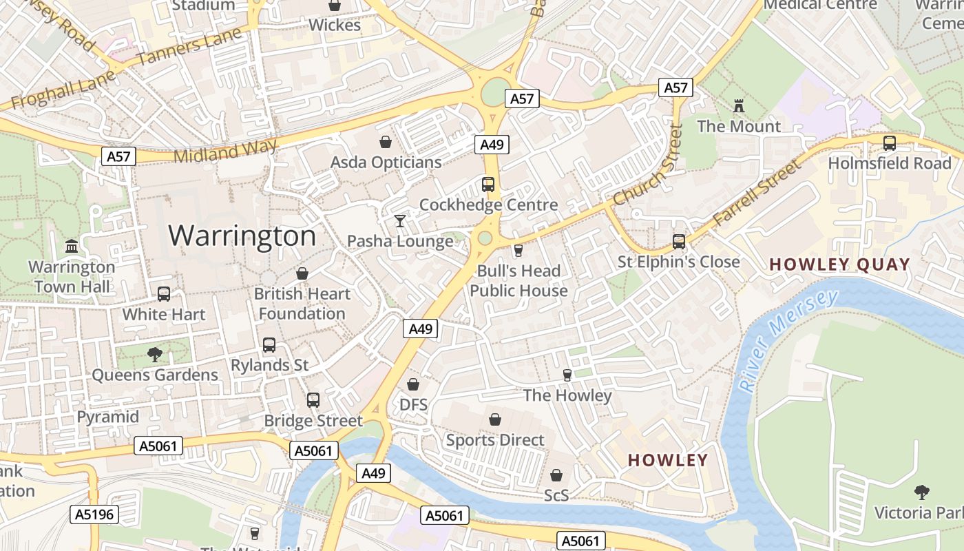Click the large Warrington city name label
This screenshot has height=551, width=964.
point(242,236)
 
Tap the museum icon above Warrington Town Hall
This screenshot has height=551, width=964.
point(72,246)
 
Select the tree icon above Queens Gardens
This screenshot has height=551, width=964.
point(155,355)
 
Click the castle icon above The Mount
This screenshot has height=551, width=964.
point(739,106)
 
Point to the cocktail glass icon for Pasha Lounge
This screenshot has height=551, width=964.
point(399,221)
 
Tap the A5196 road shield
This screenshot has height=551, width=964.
point(95,514)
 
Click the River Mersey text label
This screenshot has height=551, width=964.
point(788,340)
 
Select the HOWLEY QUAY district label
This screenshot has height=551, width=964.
point(839,264)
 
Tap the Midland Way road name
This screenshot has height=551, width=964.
point(225,151)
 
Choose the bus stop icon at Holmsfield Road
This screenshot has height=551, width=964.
point(889,143)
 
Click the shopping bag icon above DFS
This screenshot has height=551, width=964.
point(413,384)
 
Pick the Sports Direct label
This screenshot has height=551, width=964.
point(494,439)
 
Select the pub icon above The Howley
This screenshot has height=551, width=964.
point(567,375)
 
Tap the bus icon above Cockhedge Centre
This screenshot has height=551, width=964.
point(488,185)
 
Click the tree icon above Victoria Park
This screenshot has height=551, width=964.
point(921,492)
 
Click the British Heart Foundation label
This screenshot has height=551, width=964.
point(302,303)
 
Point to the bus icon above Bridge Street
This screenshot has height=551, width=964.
point(313,400)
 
